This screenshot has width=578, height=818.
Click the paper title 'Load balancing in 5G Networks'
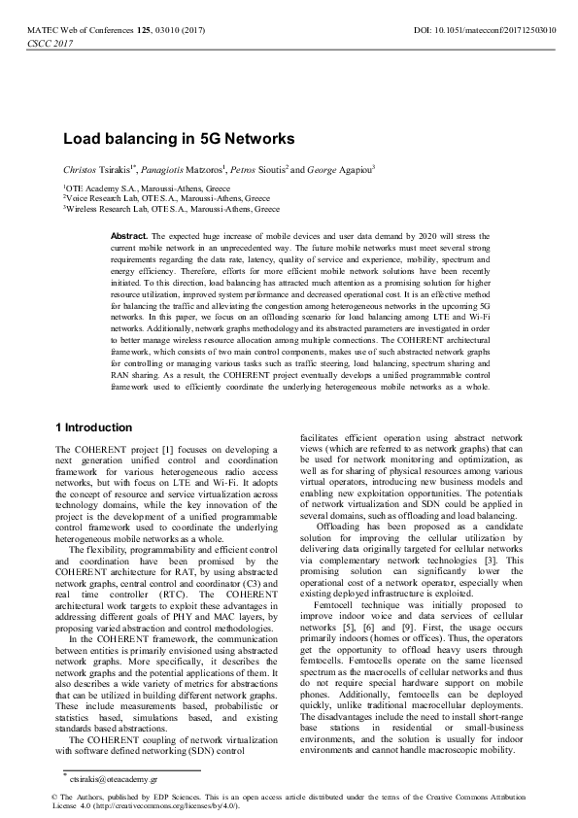179,139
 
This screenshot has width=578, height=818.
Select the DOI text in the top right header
485,31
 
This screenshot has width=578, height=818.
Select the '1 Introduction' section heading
93,427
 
